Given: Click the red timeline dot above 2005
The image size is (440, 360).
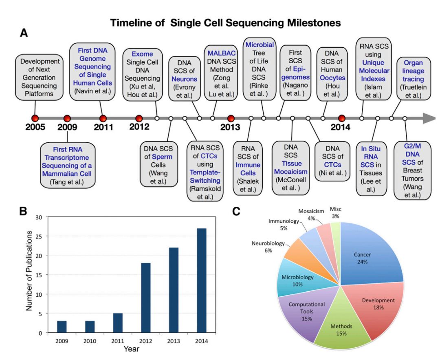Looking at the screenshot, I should pos(35,118).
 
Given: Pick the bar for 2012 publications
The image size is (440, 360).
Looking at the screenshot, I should pos(146,298).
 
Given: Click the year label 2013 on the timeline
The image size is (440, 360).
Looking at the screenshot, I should pos(231,127).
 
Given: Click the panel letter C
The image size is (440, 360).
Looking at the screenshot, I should pos(236,212).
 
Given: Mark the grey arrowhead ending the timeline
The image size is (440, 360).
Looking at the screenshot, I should pos(429,119).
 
